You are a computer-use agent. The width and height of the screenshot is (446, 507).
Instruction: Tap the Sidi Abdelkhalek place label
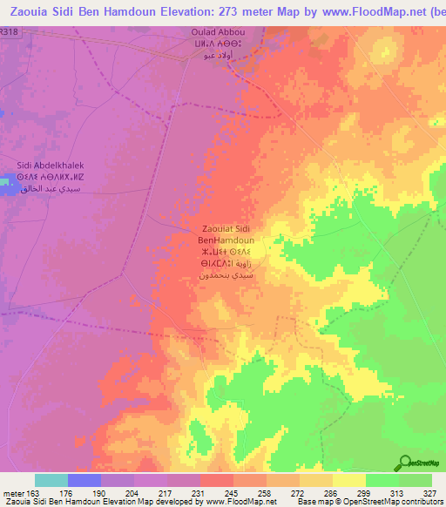pos(50,163)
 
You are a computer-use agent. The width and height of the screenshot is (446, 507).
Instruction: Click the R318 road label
pos(9,30)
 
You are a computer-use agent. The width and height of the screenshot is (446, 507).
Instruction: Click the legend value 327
pos(430,492)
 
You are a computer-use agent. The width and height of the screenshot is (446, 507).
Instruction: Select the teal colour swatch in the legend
pos(51,480)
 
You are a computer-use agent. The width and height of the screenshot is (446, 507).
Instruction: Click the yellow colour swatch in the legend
pos(348,480)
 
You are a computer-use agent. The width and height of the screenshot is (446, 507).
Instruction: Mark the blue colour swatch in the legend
pos(84,480)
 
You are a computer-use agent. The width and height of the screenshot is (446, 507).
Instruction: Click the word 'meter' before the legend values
pos(13,492)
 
